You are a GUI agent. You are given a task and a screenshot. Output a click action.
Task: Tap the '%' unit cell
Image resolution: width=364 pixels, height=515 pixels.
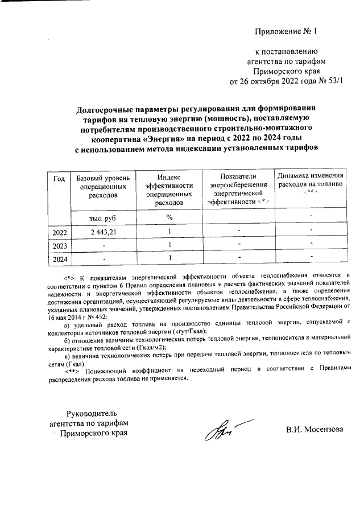(x=169, y=218)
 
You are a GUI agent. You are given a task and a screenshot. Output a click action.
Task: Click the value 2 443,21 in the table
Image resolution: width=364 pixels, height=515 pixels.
(x=103, y=232)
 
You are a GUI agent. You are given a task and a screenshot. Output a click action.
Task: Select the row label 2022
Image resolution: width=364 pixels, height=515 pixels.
(x=59, y=233)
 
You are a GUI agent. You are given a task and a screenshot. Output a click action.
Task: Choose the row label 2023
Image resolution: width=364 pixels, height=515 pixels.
(x=59, y=246)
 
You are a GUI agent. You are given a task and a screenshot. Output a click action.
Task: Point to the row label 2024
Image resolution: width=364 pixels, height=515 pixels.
(x=59, y=259)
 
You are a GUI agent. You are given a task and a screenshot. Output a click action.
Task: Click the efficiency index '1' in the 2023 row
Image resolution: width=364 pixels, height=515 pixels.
(x=169, y=245)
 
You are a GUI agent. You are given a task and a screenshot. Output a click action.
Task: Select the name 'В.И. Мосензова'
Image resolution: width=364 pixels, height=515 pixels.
(x=315, y=429)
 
